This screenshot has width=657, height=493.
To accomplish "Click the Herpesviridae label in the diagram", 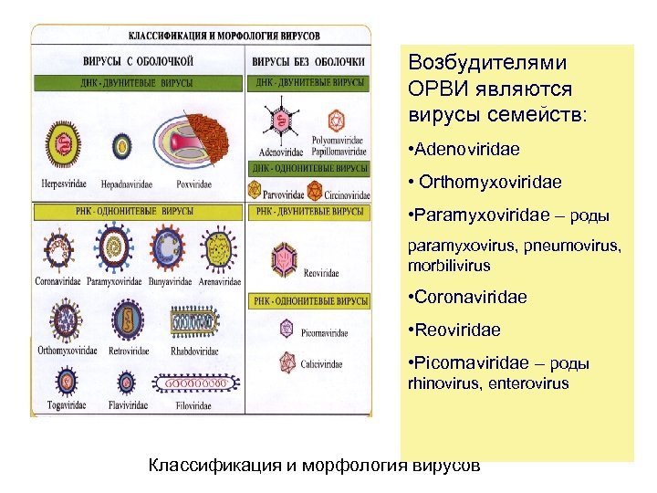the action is coord(62,184).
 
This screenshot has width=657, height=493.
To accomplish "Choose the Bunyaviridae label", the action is coord(167,281).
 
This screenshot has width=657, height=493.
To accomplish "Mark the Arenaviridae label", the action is coord(220,281).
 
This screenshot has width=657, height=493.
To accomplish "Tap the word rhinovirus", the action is coord(440,383).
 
